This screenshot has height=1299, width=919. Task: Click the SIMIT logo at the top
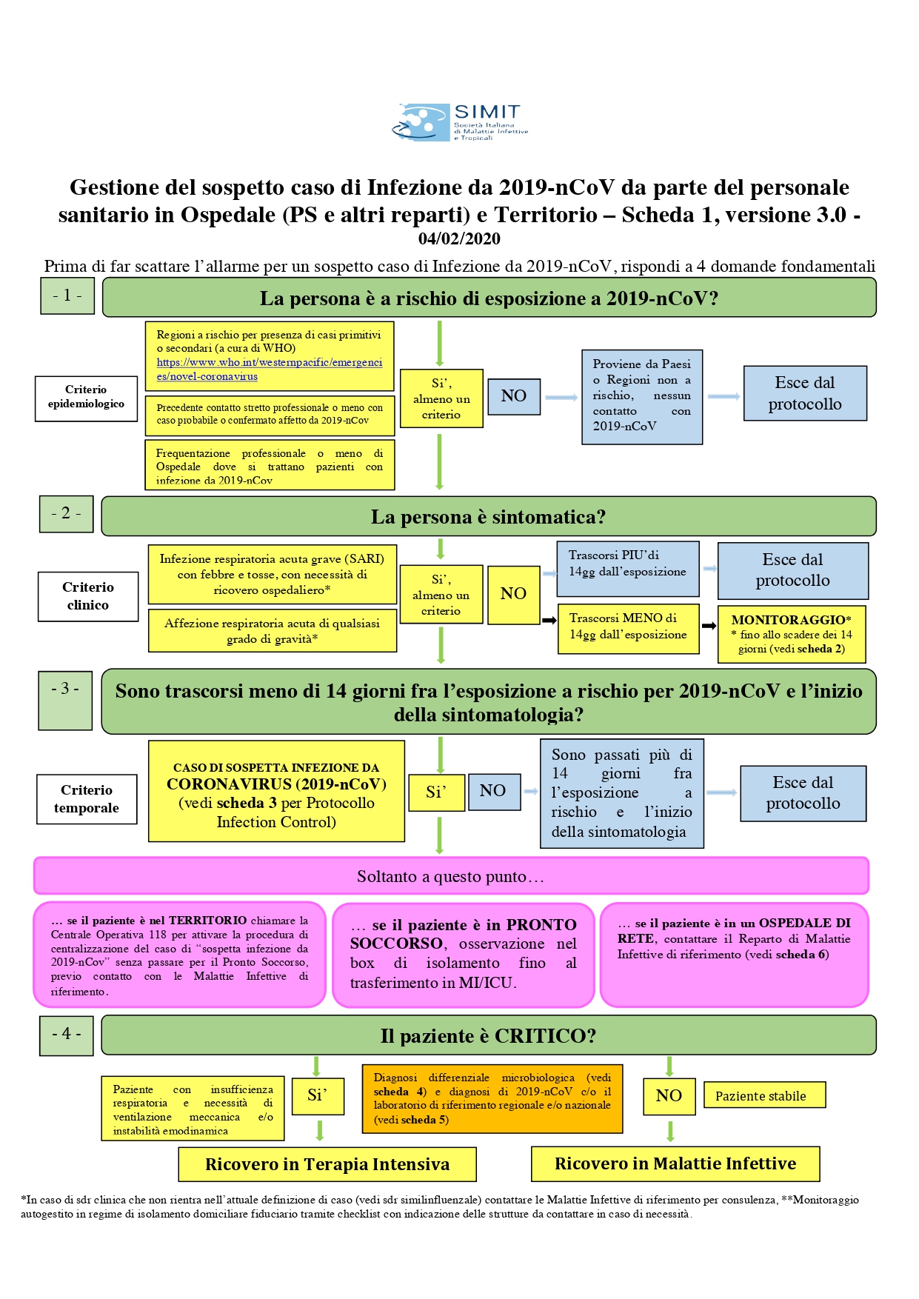click(x=459, y=122)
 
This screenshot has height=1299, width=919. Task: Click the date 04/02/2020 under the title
click(x=459, y=238)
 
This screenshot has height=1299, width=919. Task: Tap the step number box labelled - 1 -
click(x=67, y=295)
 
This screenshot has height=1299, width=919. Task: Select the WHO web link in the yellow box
click(x=270, y=369)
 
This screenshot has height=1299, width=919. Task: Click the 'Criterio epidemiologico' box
click(x=86, y=398)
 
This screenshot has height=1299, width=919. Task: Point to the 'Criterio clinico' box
click(x=88, y=596)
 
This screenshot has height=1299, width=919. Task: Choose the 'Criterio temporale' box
click(x=87, y=799)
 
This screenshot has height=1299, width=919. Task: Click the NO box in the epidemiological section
click(x=513, y=395)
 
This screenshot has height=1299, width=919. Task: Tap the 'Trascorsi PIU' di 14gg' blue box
click(x=628, y=568)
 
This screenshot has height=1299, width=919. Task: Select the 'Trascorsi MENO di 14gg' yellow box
click(x=628, y=629)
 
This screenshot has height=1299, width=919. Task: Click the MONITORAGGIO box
click(x=792, y=634)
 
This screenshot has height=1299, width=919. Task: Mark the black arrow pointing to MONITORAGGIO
click(x=709, y=626)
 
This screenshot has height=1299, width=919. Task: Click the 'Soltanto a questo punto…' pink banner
click(x=451, y=876)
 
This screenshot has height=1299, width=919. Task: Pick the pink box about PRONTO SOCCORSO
click(x=464, y=955)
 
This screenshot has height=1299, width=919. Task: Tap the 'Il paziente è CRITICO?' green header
click(x=489, y=1035)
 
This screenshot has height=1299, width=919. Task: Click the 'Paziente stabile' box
click(x=764, y=1095)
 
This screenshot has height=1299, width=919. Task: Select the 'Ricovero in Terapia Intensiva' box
click(x=327, y=1164)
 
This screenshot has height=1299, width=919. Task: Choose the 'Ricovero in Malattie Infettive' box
click(x=675, y=1163)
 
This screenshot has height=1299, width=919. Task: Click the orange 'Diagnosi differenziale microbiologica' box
click(x=492, y=1099)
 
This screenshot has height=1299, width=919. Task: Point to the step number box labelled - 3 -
click(x=65, y=701)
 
